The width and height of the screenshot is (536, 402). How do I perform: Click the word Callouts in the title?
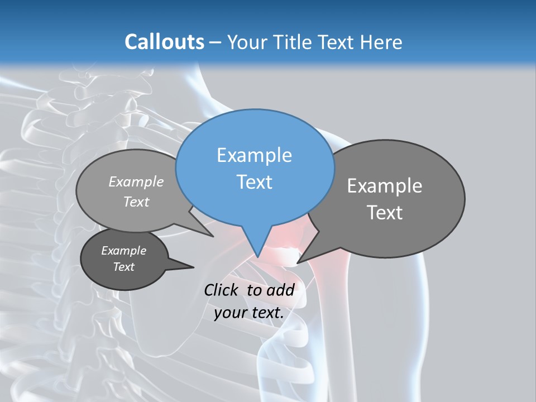pos(164,42)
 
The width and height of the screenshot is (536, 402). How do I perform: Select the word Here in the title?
pos(382,42)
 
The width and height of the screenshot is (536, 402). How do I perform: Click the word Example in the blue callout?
pos(254,155)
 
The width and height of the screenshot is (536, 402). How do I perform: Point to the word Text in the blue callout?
pos(254,182)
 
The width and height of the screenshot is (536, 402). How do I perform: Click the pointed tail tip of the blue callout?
pos(258,257)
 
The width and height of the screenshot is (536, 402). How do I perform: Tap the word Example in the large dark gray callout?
pos(384,186)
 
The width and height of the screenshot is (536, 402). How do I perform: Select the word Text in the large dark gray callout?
pos(384,213)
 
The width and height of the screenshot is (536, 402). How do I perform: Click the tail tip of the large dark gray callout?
pos(298,262)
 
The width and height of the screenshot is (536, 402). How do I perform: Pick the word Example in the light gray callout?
pos(136,181)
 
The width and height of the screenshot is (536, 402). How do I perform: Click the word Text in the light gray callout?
pos(136,202)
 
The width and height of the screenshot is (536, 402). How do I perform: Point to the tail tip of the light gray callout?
pos(213,237)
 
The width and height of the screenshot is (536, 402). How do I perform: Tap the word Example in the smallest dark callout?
pos(123,251)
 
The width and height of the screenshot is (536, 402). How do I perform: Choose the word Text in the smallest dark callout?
pos(123,267)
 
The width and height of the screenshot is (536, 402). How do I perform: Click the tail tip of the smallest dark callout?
pos(193,267)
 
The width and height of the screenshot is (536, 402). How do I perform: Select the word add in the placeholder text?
pos(280,290)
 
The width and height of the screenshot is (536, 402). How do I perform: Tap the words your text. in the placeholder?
pos(249,313)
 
